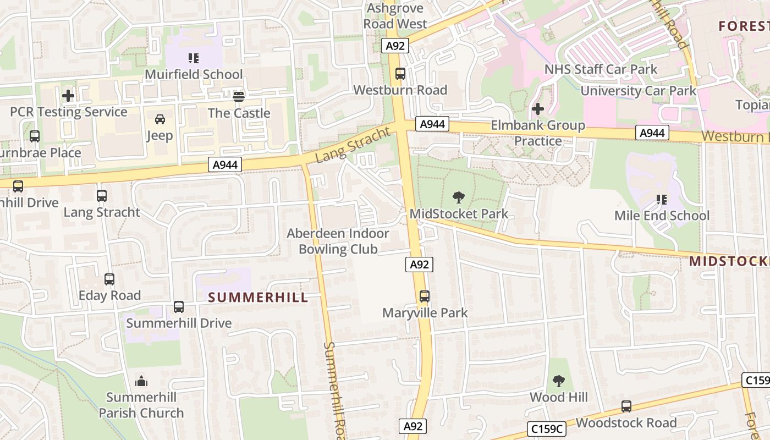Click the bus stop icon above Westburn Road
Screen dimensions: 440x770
pyautogui.click(x=400, y=73)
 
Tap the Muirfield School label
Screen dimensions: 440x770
pyautogui.click(x=194, y=74)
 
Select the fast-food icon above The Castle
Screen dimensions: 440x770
pyautogui.click(x=239, y=97)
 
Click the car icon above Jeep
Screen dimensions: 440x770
pyautogui.click(x=159, y=119)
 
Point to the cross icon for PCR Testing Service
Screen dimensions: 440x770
pyautogui.click(x=68, y=96)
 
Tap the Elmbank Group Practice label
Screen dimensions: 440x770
pyautogui.click(x=537, y=133)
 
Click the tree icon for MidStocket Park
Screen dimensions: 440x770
pyautogui.click(x=458, y=197)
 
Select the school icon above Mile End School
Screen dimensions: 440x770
pyautogui.click(x=662, y=199)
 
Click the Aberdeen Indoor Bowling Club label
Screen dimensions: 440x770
pyautogui.click(x=338, y=241)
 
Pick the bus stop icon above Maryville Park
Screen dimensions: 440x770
pyautogui.click(x=425, y=296)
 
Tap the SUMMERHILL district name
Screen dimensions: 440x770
pyautogui.click(x=257, y=298)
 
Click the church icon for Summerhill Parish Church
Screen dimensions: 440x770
pyautogui.click(x=141, y=381)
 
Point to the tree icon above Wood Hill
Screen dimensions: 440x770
pyautogui.click(x=559, y=381)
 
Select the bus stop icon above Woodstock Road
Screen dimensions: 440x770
pyautogui.click(x=626, y=406)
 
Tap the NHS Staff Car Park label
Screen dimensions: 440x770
pyautogui.click(x=601, y=69)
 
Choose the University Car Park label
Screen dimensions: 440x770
pyautogui.click(x=639, y=91)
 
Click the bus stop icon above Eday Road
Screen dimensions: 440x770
pyautogui.click(x=109, y=279)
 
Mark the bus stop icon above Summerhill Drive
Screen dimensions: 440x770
pyautogui.click(x=179, y=307)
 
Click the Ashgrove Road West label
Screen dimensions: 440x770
pyautogui.click(x=395, y=16)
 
